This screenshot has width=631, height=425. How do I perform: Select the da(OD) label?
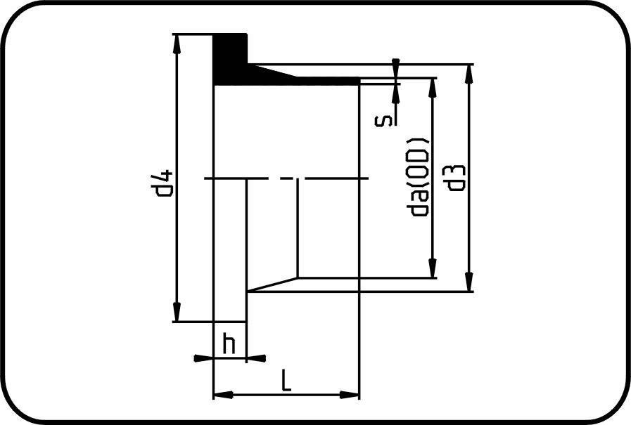[418, 178]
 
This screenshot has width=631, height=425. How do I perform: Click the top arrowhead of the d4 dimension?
[177, 44]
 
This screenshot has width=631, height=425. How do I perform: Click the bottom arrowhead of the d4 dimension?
[177, 312]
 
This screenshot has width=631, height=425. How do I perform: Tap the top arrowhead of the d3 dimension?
[469, 74]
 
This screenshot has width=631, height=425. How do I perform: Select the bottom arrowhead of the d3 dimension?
[469, 282]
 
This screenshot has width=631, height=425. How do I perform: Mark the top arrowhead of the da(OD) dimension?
[433, 88]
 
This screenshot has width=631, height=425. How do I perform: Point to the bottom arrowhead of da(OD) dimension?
[433, 268]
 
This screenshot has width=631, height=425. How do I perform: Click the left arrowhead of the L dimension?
[223, 395]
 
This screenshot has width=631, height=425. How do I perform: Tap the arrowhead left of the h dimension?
[203, 358]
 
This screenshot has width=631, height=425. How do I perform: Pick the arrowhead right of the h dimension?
[256, 358]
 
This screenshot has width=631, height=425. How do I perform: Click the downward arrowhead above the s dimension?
[395, 68]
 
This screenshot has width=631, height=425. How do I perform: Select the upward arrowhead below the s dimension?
[395, 93]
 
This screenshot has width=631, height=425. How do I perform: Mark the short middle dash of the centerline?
[287, 178]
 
